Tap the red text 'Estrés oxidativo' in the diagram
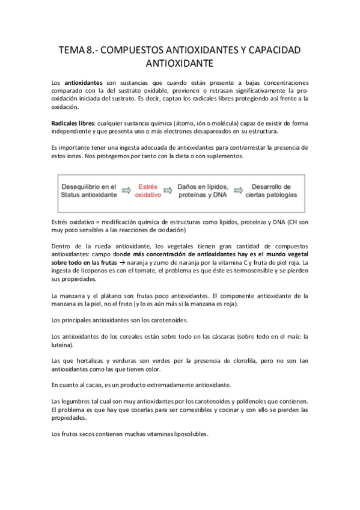(148, 191)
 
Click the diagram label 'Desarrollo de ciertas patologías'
(271, 191)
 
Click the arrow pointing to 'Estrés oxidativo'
(126, 191)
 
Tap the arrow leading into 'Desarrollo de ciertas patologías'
(239, 191)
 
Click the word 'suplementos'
(223, 156)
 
